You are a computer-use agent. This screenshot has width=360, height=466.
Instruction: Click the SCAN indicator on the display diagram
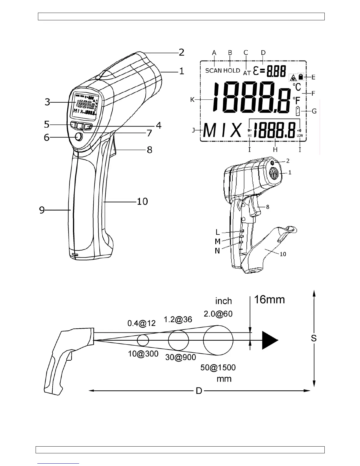[x=214, y=71]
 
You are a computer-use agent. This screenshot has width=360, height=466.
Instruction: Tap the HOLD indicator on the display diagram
[x=232, y=71]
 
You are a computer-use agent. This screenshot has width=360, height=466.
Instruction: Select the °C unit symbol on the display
[x=297, y=87]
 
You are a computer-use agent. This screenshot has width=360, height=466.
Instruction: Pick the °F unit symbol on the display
[x=296, y=101]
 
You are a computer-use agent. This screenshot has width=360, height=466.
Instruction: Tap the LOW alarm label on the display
[x=300, y=136]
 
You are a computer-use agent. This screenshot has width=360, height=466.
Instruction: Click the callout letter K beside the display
[x=192, y=100]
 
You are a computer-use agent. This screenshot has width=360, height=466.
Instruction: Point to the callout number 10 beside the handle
[x=142, y=202]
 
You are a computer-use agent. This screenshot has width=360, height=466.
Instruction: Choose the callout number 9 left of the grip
[x=42, y=210]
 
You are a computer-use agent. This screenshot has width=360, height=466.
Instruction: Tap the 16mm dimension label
[x=269, y=299]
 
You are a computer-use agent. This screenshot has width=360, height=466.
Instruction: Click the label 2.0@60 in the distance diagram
[x=218, y=314]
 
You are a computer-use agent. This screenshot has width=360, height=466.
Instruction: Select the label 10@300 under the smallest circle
[x=143, y=354]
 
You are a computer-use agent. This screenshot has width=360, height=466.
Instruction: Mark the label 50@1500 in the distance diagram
[x=218, y=367]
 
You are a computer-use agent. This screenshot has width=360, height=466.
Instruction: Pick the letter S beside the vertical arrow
[x=314, y=338]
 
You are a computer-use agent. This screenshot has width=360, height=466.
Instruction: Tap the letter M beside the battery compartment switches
[x=217, y=242]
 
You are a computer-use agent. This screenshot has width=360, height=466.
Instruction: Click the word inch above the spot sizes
[x=224, y=301]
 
